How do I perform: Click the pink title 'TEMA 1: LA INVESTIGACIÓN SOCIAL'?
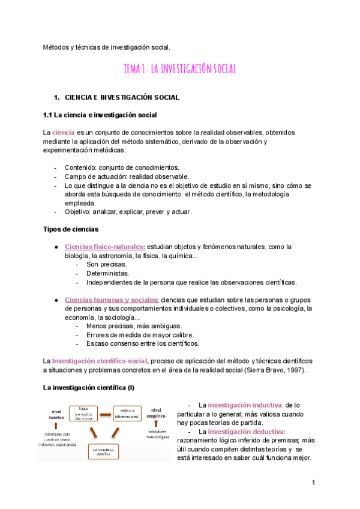click(179, 70)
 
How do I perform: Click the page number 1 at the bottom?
click(313, 483)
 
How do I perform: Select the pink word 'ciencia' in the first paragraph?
click(64, 132)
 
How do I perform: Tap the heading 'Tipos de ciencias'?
click(71, 229)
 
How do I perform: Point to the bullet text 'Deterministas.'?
click(108, 273)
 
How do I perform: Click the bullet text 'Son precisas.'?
click(106, 264)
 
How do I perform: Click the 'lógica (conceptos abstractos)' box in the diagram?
click(86, 414)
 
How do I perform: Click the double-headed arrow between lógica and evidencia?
click(106, 414)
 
